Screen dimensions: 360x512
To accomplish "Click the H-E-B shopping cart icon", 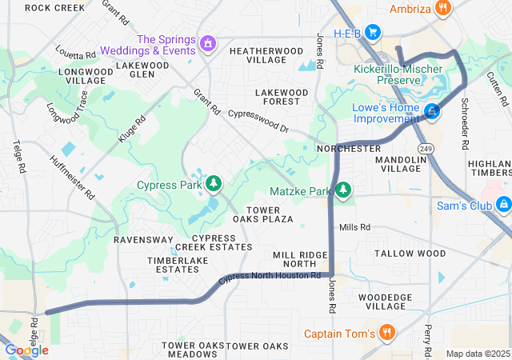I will click(372, 32).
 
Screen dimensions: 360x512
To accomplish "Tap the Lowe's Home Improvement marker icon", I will click(432, 111).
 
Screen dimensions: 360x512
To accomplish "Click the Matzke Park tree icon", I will click(343, 190).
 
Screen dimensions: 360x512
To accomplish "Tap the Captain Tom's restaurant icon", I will click(386, 333).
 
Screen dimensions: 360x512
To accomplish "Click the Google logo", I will click(26, 350).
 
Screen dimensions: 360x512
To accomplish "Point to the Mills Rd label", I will click(354, 227).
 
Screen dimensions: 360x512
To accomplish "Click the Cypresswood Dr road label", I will click(258, 121).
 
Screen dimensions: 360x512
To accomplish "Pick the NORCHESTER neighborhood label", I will click(349, 149).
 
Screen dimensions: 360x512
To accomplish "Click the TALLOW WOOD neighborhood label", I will click(410, 254).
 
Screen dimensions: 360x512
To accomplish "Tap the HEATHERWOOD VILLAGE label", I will click(266, 55).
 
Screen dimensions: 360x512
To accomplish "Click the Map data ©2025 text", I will click(477, 354).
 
